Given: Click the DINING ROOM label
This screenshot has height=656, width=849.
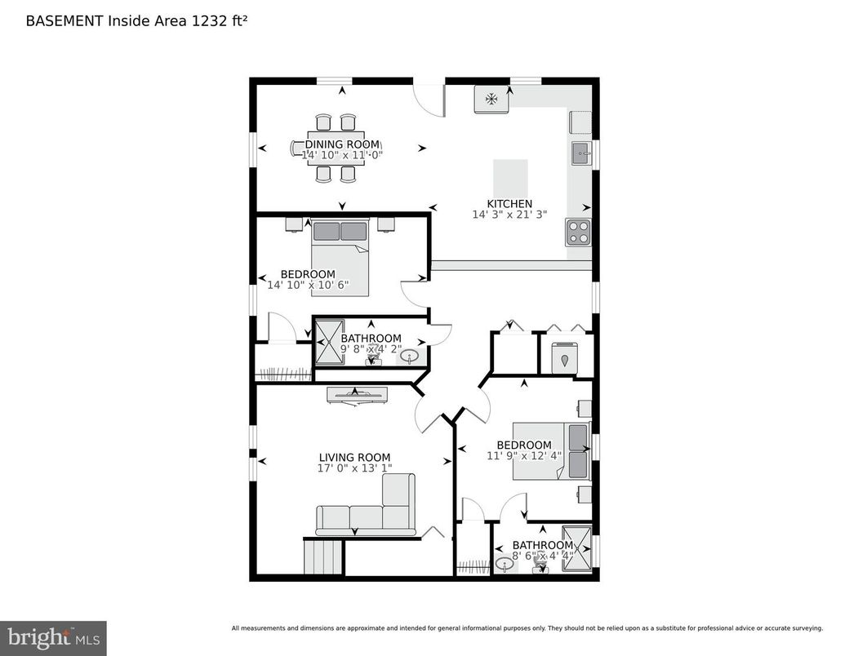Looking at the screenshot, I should [342, 144].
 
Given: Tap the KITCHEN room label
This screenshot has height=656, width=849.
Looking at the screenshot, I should [509, 204].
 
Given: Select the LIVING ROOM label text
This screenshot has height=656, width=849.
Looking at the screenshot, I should [354, 458].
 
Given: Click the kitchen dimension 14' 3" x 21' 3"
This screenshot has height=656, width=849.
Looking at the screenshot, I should [509, 215].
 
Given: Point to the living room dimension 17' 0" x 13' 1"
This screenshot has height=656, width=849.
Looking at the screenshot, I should [354, 468].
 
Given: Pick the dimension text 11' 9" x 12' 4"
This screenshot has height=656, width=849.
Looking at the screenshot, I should [524, 456].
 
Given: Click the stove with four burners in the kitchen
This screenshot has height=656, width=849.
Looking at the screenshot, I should [580, 233].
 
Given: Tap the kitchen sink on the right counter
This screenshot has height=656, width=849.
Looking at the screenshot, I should [580, 152].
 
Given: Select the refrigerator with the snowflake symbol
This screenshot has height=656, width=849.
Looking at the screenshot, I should [491, 100].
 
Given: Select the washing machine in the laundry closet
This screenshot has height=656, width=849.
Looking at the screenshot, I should [565, 358].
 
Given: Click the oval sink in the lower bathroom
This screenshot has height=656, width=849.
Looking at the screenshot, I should [504, 562].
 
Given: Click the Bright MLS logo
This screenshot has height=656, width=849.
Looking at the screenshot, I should [53, 637].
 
